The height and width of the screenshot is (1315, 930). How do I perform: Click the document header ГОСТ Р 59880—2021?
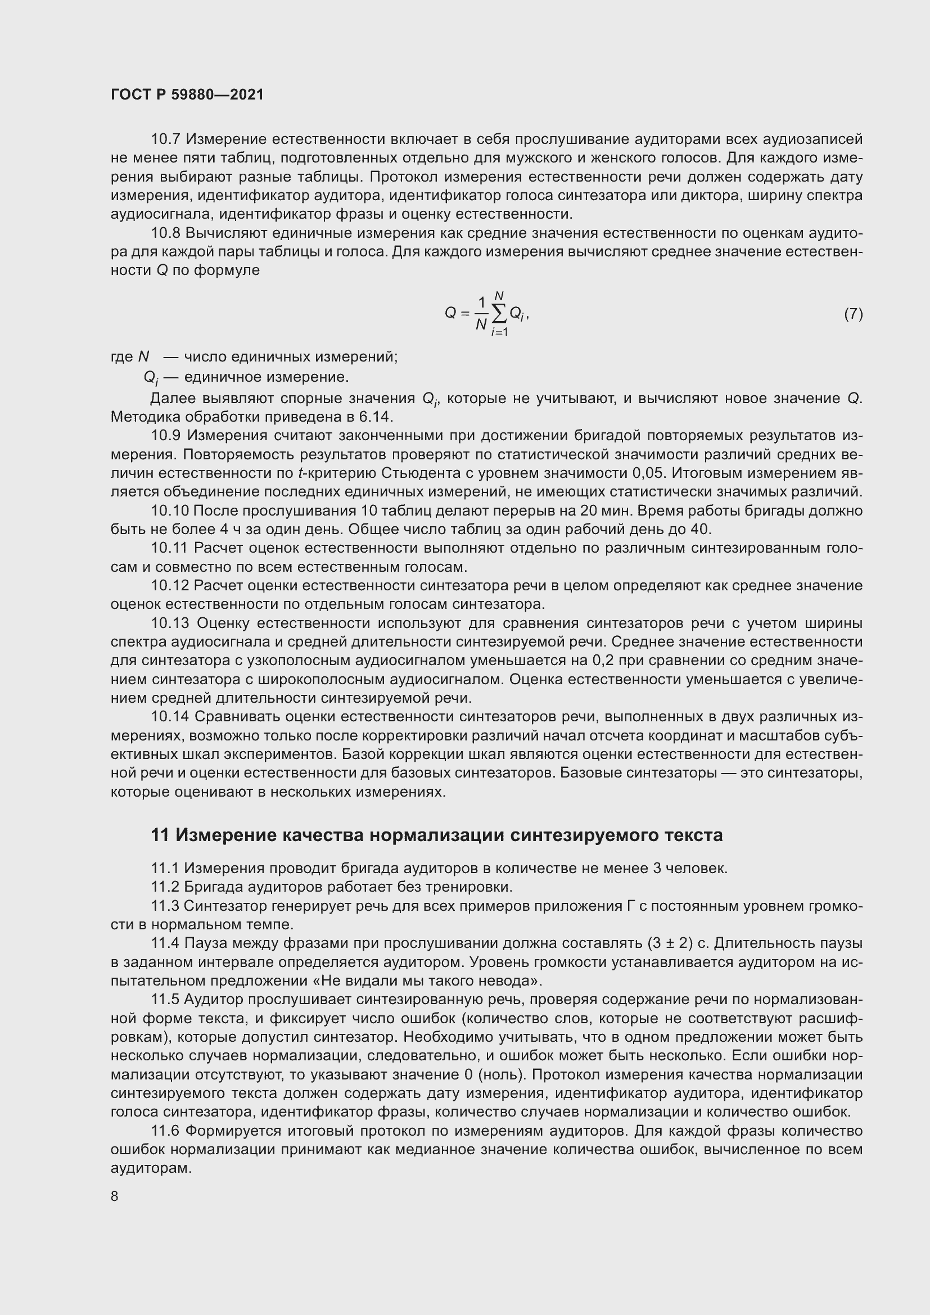[x=187, y=95]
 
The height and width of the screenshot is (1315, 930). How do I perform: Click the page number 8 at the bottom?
[x=115, y=1196]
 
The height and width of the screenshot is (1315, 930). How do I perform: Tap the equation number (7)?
[x=854, y=313]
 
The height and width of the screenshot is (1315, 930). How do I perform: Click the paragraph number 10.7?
[x=166, y=139]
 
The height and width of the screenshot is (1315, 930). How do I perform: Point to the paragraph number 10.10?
[x=169, y=510]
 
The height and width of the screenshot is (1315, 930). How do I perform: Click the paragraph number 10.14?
[x=169, y=716]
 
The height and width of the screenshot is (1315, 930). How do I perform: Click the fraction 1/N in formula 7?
[x=481, y=313]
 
